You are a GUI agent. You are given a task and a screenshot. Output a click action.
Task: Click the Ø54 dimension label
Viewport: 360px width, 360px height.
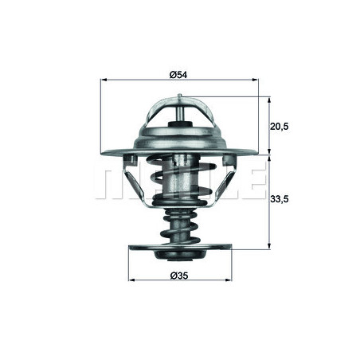178,75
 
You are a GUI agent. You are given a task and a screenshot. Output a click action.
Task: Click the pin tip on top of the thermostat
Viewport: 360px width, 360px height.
181,97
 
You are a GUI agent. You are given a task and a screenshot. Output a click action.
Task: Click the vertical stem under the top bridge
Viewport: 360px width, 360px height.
181,115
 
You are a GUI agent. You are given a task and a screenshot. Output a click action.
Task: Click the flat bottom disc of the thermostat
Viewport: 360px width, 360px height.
178,248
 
